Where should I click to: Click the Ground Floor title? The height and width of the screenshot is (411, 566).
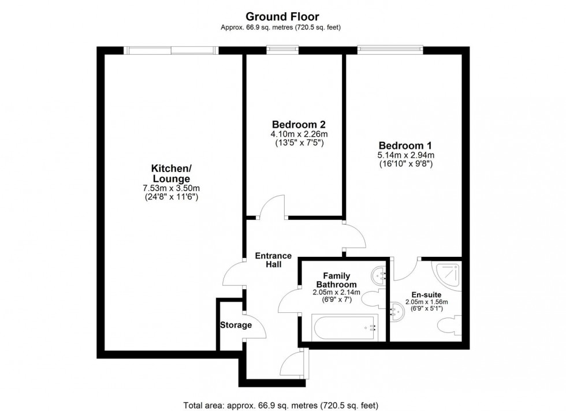(282, 17)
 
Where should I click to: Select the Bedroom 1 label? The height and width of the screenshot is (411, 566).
(405, 145)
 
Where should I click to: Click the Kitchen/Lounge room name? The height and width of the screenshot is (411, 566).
(170, 173)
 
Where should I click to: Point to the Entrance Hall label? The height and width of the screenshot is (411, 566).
(273, 260)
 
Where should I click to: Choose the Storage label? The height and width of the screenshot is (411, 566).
(236, 325)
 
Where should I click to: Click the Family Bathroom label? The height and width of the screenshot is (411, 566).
(336, 280)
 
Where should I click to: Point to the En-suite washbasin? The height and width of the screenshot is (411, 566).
(398, 312)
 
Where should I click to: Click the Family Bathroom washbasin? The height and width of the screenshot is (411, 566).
(378, 275)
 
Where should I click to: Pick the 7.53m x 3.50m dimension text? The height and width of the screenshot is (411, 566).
(171, 188)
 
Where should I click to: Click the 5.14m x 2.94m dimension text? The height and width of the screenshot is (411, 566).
(405, 155)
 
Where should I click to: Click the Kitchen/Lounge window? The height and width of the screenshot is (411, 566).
(172, 50)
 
